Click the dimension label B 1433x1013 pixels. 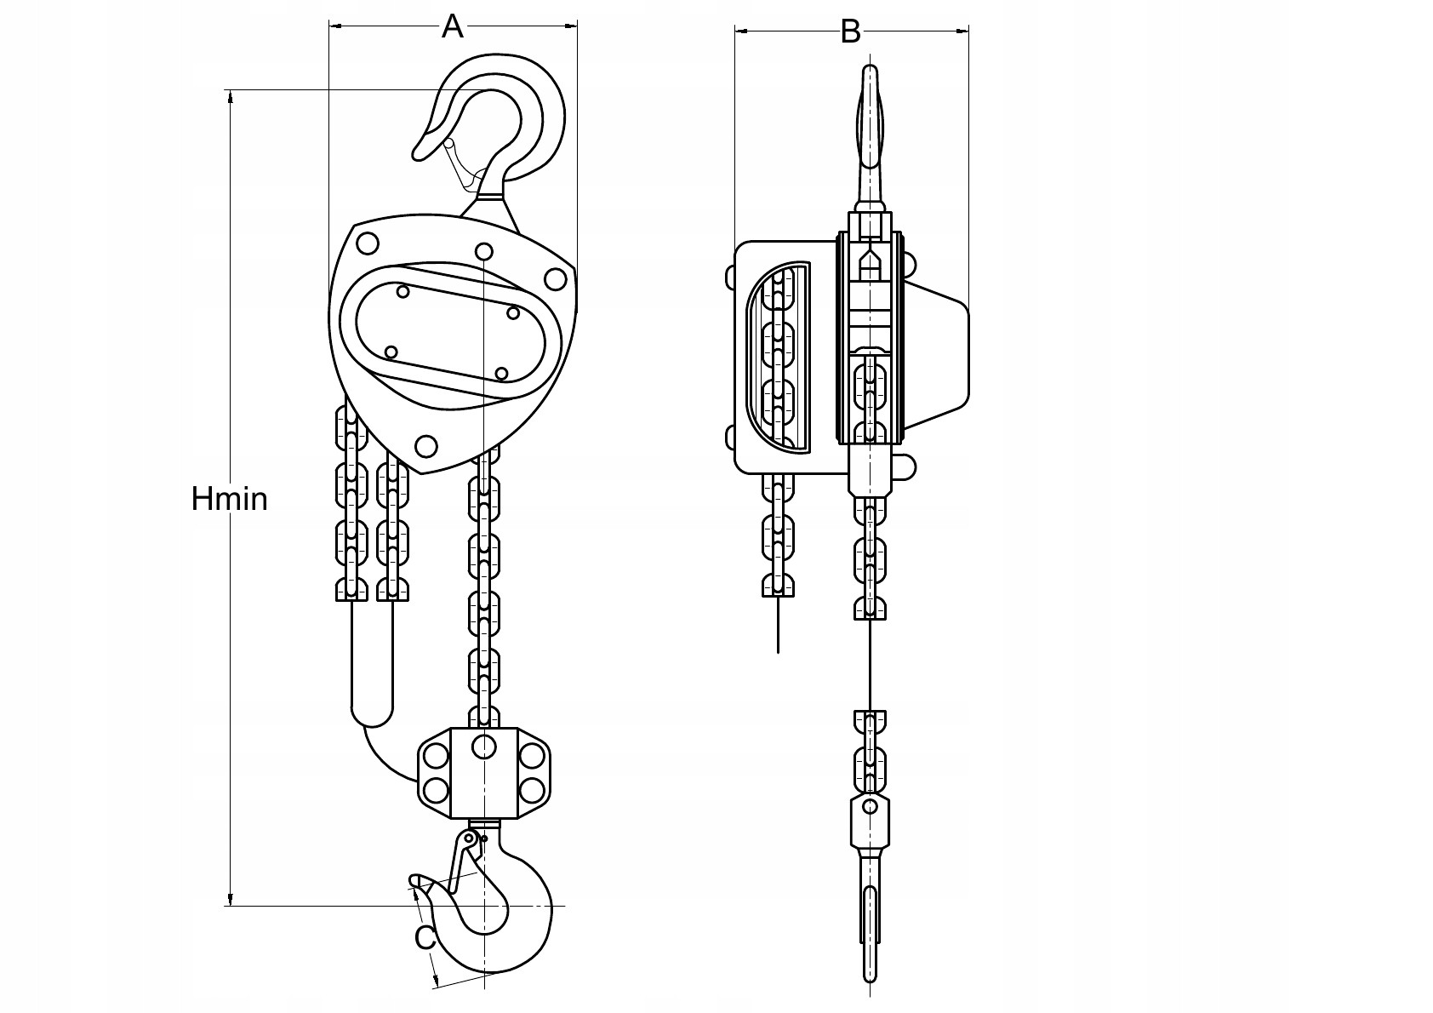850,31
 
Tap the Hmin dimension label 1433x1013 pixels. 229,499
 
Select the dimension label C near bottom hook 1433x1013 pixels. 425,939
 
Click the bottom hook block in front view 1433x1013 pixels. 483,773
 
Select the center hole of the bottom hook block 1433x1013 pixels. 484,747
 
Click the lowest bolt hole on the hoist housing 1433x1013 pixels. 426,446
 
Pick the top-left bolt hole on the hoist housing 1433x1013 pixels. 368,243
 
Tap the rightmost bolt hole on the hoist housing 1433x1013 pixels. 555,278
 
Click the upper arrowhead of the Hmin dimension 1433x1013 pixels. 230,97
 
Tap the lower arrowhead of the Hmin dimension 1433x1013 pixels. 230,898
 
